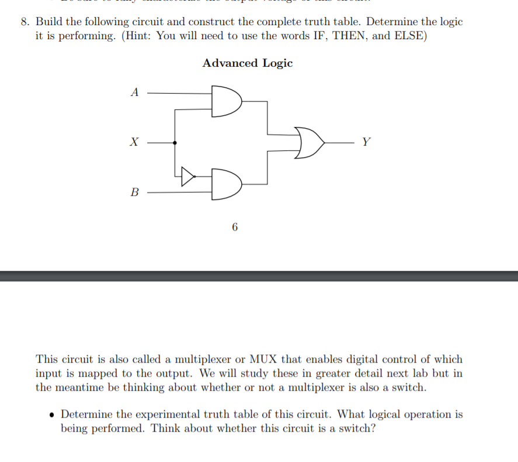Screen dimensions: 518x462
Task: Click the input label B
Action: [135, 192]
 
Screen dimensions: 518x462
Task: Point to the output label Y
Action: [366, 142]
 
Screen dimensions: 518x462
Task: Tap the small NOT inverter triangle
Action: [187, 175]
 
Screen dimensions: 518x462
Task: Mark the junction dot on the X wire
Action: [175, 142]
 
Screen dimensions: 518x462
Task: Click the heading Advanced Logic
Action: [248, 63]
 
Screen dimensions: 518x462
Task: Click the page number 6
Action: [235, 227]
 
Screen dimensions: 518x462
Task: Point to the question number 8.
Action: [25, 22]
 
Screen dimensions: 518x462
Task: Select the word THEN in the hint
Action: [349, 35]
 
